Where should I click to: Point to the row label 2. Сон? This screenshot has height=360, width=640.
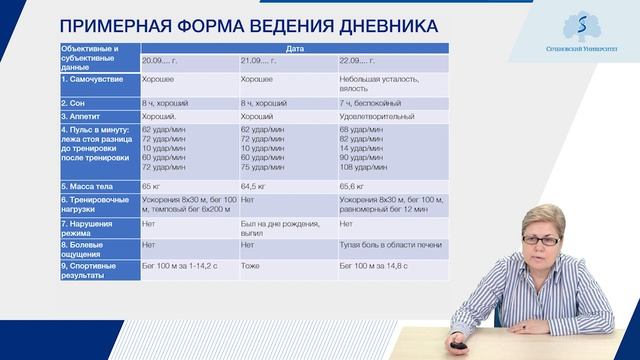coord(79,102)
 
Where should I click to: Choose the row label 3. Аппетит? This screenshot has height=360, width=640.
coord(87,116)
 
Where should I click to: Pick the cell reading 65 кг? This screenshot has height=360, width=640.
coord(153,186)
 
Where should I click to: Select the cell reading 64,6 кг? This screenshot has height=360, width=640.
coord(255,186)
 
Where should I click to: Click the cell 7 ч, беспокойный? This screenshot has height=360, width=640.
coord(375,102)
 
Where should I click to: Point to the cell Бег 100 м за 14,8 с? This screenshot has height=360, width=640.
coord(375,265)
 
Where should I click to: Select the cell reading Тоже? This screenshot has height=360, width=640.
coord(250,265)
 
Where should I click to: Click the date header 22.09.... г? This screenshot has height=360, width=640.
coord(360,60)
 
